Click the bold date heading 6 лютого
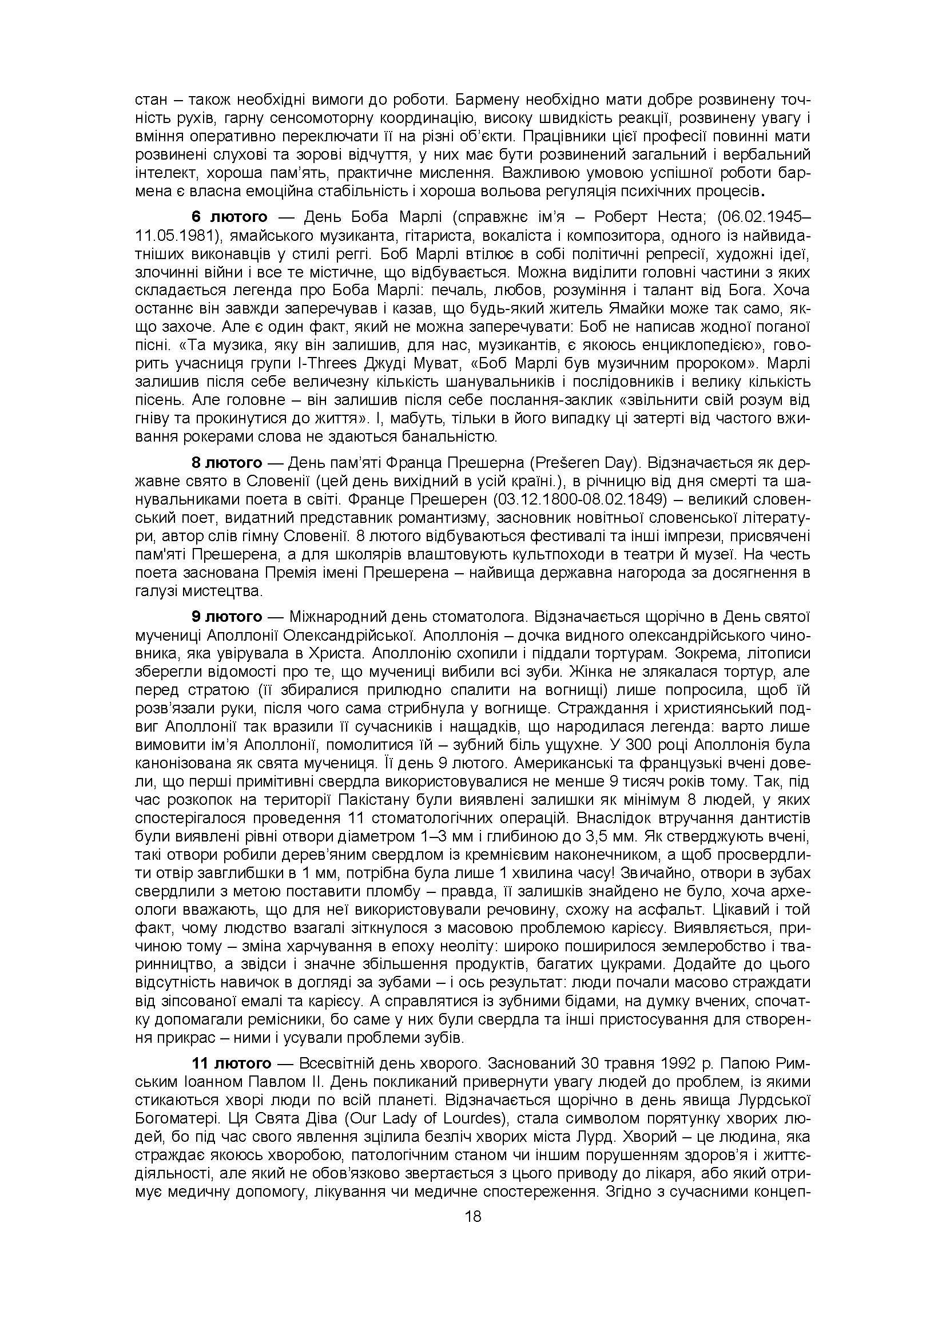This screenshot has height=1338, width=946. (x=229, y=217)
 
